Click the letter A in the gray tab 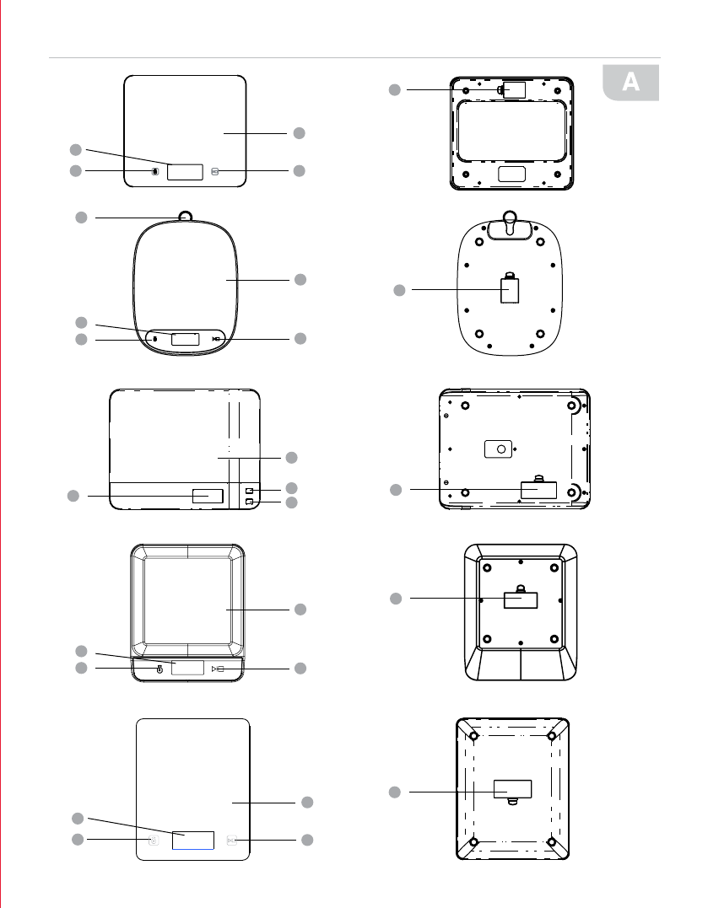tap(631, 82)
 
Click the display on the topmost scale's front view tap(185, 172)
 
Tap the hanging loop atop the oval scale tap(186, 216)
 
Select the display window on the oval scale tap(186, 340)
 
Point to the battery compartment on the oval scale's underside tap(510, 289)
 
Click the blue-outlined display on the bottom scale tap(193, 841)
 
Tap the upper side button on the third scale tap(250, 491)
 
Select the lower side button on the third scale tap(250, 502)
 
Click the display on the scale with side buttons tap(208, 496)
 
